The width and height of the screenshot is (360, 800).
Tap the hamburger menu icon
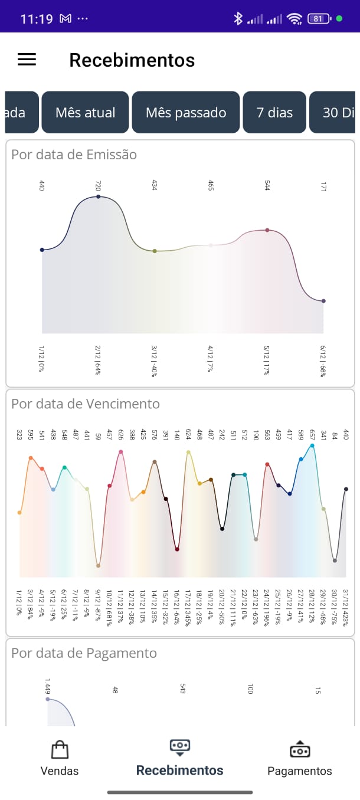point(27,60)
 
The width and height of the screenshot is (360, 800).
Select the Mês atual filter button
point(85,113)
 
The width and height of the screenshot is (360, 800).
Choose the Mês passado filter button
point(186,113)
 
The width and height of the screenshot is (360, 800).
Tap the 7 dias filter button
point(274,113)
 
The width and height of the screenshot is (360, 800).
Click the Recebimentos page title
point(132,60)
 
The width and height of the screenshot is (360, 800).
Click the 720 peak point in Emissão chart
point(98,196)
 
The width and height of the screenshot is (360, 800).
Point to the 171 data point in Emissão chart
point(323,301)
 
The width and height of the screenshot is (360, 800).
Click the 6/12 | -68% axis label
point(323,362)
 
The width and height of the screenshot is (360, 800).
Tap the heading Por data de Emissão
point(74,155)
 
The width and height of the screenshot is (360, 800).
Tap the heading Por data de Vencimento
point(86,404)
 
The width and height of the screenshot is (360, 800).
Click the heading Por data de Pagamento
point(84,653)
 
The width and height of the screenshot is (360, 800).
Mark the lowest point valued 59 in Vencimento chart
point(98,565)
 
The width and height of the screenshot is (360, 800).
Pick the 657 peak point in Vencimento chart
point(312,445)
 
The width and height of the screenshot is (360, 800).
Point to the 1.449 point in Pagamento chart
point(48,699)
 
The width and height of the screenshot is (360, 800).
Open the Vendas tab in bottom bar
point(60,758)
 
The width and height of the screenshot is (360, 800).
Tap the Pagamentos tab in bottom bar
point(300,758)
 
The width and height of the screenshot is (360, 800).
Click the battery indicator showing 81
point(318,19)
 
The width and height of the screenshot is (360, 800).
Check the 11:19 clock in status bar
point(37,19)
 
